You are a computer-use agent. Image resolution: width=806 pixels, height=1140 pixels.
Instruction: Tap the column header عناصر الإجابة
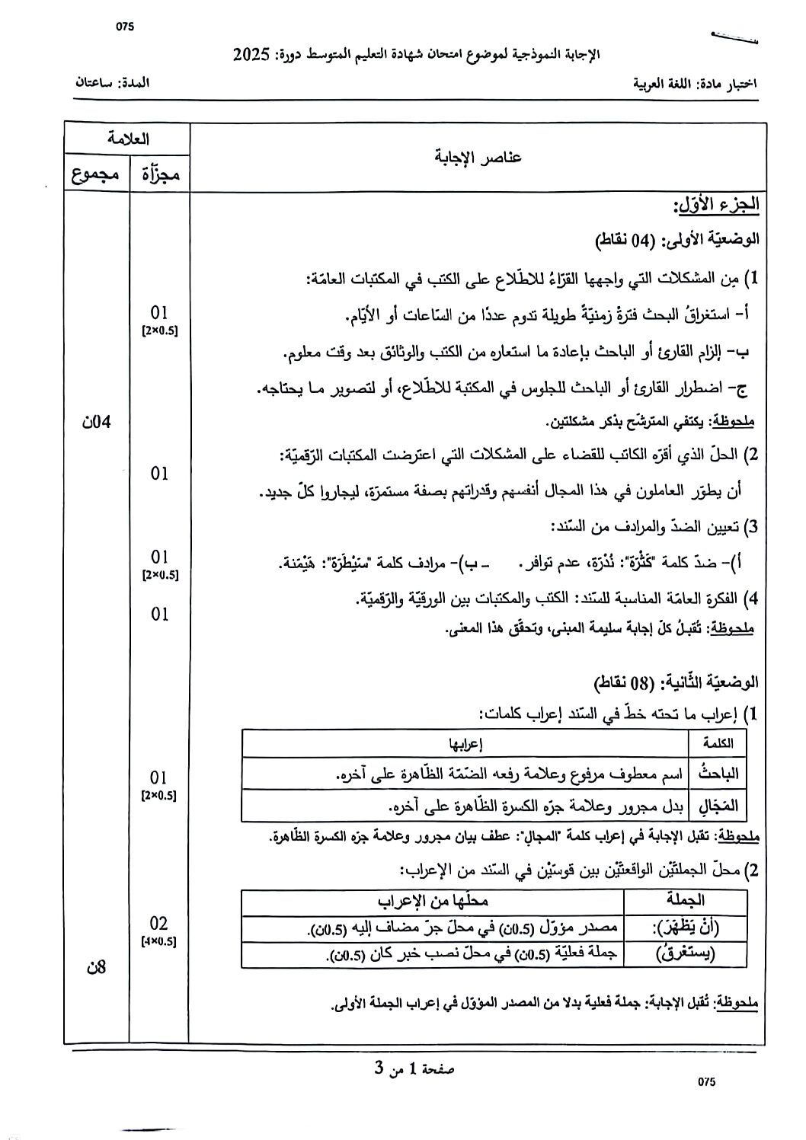[478, 157]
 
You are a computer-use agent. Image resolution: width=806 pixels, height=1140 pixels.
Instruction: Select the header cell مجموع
[95, 174]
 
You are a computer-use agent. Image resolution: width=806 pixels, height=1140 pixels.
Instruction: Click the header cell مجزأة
[160, 174]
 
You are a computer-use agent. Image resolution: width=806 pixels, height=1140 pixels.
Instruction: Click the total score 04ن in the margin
[97, 421]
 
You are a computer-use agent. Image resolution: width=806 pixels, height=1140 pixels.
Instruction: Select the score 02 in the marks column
[159, 924]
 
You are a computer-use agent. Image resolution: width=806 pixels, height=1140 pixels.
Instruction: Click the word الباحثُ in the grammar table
[718, 774]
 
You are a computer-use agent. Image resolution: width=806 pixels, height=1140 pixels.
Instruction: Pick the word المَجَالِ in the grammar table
[718, 805]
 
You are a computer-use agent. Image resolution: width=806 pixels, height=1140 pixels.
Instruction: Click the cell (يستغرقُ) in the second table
[688, 952]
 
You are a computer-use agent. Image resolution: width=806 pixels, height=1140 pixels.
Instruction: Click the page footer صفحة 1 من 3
[414, 1068]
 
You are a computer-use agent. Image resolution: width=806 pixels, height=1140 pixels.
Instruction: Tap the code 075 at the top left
[125, 27]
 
